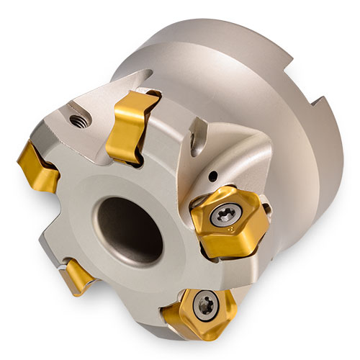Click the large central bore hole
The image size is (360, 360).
(x=130, y=229)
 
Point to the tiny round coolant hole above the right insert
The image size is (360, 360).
(x=214, y=174)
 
